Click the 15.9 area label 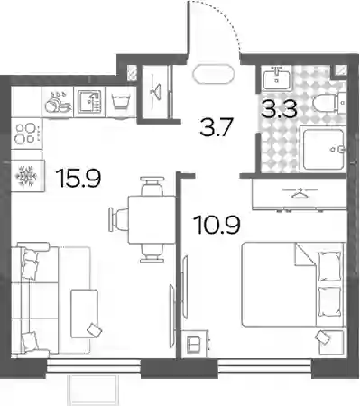pos(80,179)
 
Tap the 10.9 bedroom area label pos(217,225)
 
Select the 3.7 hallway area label pos(217,127)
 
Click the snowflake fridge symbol pos(26,175)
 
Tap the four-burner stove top pos(26,134)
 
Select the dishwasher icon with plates pos(58,102)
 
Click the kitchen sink pos(89,102)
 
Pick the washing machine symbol pos(119,101)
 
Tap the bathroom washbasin pos(276,78)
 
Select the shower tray pos(324,150)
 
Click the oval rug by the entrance pos(214,74)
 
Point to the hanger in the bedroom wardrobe pos(299,193)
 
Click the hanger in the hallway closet pos(156,89)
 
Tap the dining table pos(152,219)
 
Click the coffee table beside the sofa pos(84,313)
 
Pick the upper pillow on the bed pos(330,267)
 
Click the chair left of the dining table pos(119,218)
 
